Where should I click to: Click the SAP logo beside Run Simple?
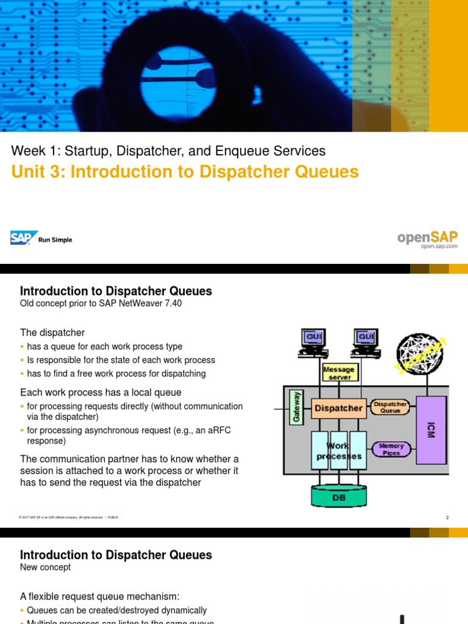24,238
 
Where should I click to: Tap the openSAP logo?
427,238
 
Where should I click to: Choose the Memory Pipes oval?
391,450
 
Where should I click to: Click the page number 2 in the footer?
447,517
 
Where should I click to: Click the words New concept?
46,567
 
